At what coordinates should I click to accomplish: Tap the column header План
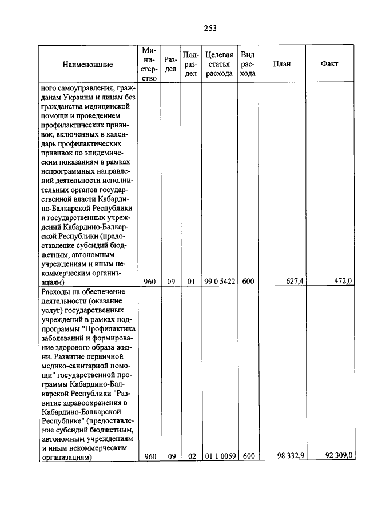[x=281, y=64]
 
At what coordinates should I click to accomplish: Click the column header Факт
[x=330, y=64]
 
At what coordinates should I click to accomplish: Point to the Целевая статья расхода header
[x=219, y=64]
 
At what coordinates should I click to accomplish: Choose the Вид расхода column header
[x=248, y=64]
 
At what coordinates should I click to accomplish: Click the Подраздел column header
[x=191, y=64]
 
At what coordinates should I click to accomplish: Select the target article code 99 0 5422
[x=219, y=281]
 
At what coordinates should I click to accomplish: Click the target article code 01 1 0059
[x=219, y=456]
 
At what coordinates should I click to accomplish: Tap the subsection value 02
[x=191, y=456]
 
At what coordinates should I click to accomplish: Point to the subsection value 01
[x=191, y=281]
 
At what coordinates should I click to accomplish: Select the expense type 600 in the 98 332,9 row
[x=248, y=456]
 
